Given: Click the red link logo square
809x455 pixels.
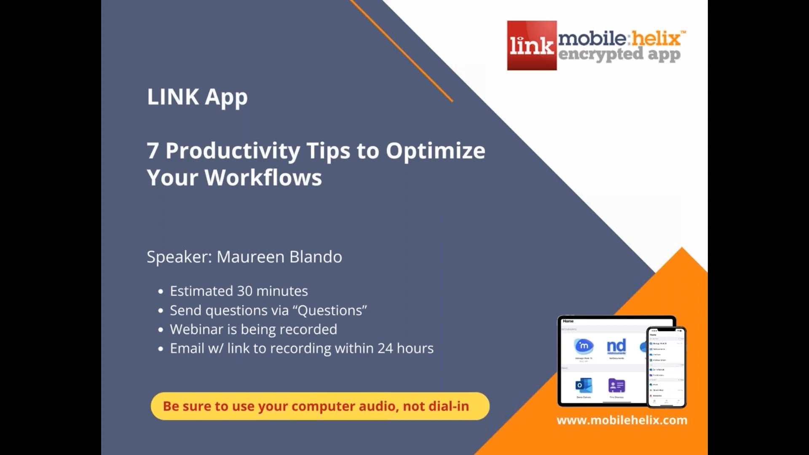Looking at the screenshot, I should [x=532, y=45].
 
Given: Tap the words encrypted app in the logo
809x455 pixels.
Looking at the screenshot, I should [x=619, y=55].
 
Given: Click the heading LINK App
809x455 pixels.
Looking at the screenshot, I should [x=197, y=97].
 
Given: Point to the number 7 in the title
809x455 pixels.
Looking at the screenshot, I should [x=153, y=151].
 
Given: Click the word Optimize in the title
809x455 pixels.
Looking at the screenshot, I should [x=435, y=151].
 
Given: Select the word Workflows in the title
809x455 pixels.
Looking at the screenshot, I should [x=263, y=178].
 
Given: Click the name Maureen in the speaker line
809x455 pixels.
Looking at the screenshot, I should [x=250, y=257].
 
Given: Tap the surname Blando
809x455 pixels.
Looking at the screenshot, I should [x=316, y=257].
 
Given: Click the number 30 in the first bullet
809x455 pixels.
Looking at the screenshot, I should [x=244, y=291].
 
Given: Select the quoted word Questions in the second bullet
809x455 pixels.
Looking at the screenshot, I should [x=332, y=310].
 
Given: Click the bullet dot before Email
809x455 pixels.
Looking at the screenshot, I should [x=161, y=349].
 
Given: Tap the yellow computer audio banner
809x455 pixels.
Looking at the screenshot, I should [x=320, y=406].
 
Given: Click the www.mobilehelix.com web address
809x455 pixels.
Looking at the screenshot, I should [x=622, y=420].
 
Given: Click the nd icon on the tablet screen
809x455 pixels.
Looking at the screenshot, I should [x=616, y=347].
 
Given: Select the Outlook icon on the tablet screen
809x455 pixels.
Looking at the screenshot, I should [x=584, y=385].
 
